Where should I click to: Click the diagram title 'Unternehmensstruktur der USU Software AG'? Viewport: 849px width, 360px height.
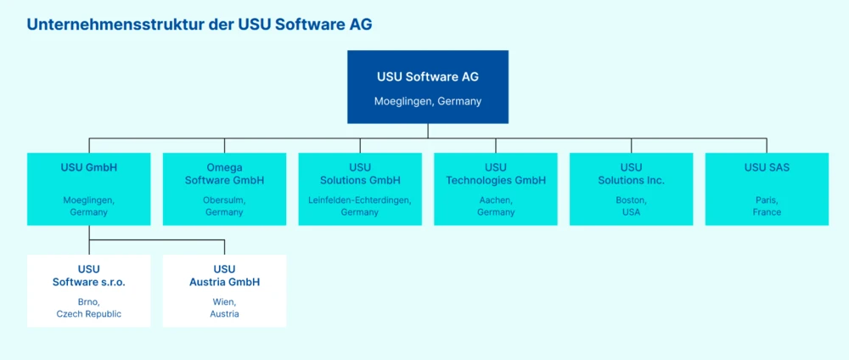[199, 24]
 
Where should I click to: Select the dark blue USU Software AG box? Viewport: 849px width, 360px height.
[428, 87]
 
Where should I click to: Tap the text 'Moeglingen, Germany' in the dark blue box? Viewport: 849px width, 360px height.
[428, 101]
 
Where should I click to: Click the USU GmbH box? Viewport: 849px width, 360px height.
[89, 188]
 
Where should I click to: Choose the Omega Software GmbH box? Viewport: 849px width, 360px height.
[224, 188]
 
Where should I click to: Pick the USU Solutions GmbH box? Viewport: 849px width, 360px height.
[360, 188]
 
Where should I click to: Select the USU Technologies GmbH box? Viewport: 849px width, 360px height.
[496, 188]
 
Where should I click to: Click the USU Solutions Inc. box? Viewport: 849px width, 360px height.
[631, 188]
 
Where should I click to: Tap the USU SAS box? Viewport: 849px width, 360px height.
[767, 188]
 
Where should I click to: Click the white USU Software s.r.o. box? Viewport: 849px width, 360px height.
[89, 290]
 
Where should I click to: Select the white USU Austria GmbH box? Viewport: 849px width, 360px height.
[224, 290]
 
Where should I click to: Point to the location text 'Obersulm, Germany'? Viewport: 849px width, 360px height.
[224, 206]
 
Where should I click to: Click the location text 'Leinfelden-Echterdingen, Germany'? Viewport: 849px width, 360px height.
[360, 206]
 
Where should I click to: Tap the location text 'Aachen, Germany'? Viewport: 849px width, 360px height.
[496, 206]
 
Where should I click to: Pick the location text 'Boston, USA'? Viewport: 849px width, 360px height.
[631, 206]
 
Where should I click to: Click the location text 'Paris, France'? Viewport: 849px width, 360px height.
[767, 206]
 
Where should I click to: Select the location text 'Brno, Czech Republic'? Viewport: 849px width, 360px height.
[89, 308]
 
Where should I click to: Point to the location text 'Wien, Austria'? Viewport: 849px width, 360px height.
[224, 308]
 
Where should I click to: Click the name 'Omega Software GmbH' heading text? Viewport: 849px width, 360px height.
[224, 174]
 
